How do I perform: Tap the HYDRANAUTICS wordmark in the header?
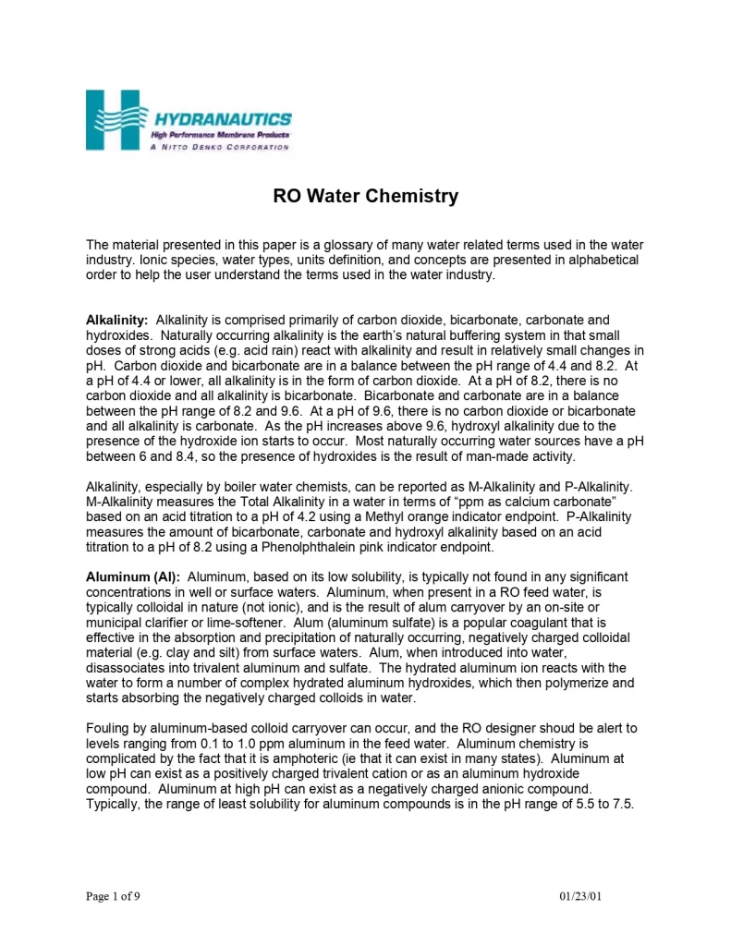pyautogui.click(x=222, y=119)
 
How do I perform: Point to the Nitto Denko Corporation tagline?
pyautogui.click(x=219, y=147)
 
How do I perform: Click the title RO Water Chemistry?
pyautogui.click(x=365, y=197)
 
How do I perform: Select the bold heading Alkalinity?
pyautogui.click(x=118, y=320)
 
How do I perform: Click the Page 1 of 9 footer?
pyautogui.click(x=114, y=896)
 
